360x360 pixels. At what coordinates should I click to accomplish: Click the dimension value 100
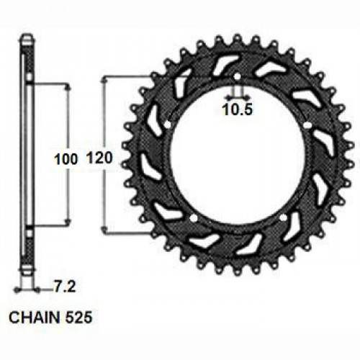click(x=63, y=161)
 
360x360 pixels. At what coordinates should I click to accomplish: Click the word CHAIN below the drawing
click(x=32, y=315)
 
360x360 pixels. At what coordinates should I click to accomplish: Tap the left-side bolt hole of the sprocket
click(x=167, y=125)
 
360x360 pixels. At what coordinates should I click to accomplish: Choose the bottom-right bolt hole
click(x=283, y=217)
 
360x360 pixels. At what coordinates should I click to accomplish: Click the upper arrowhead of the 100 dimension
click(x=68, y=87)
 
